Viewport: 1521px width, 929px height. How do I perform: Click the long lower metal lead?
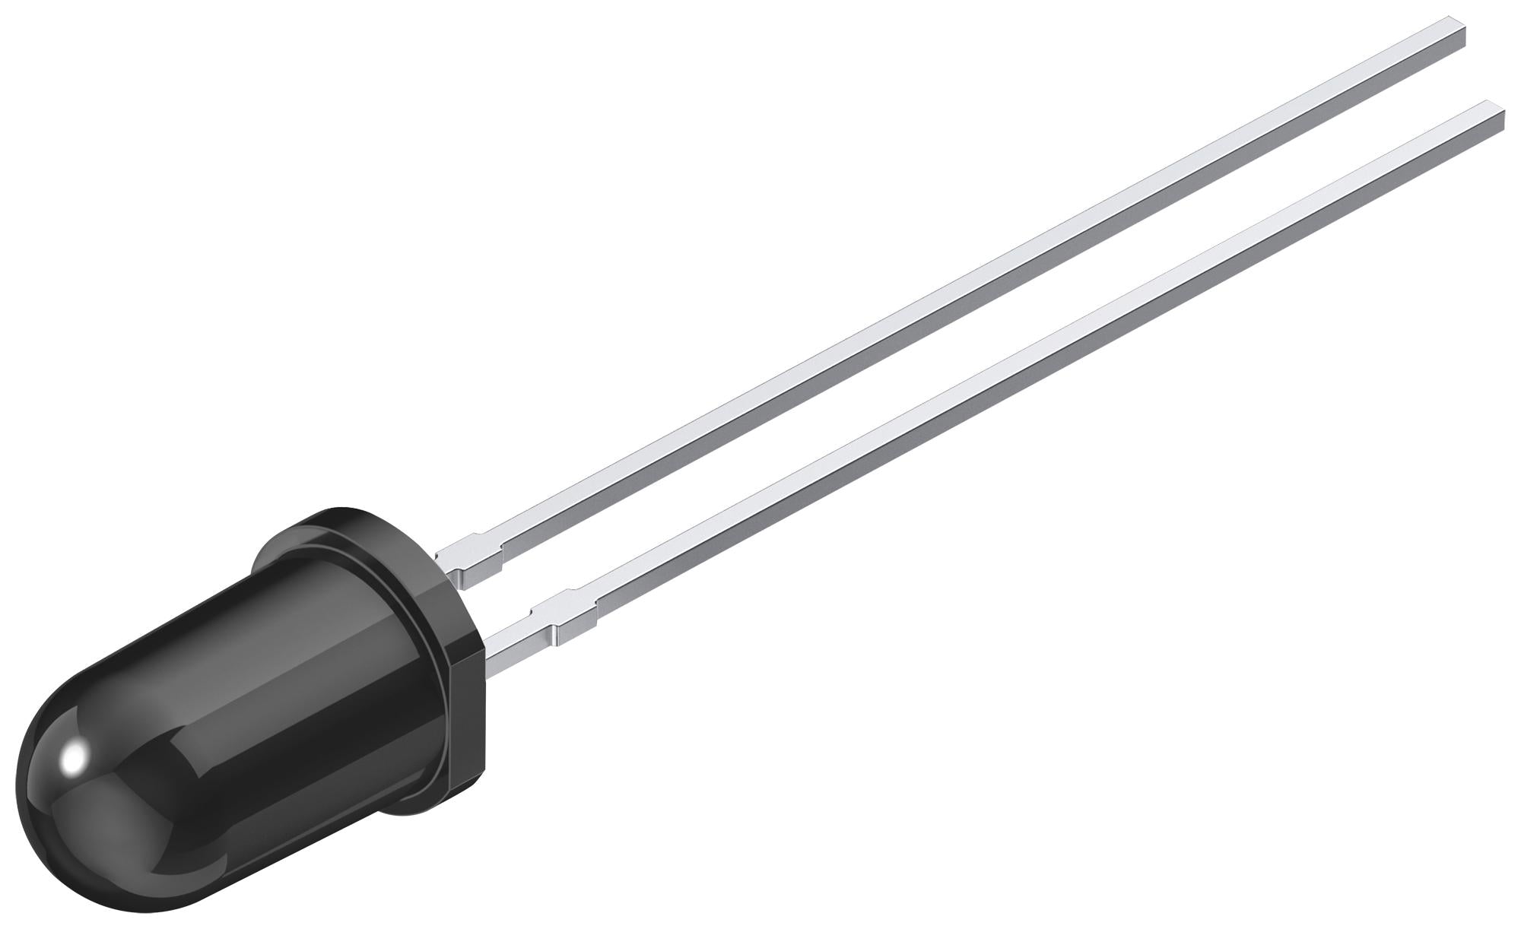(x=1027, y=365)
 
